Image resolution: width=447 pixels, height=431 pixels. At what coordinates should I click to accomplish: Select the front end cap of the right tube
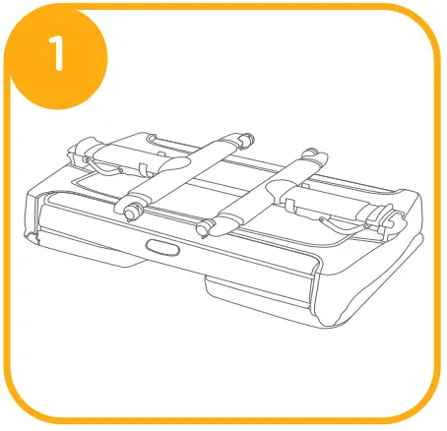[x=204, y=229]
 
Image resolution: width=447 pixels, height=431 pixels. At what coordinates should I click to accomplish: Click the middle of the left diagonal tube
[x=187, y=174]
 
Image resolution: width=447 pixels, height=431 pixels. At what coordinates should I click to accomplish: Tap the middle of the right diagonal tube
[x=262, y=191]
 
